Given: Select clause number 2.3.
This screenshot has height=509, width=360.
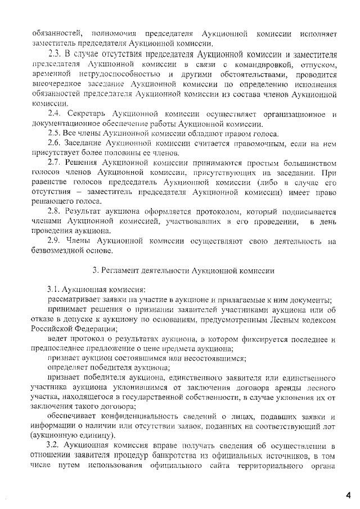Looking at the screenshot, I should point(56,55).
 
